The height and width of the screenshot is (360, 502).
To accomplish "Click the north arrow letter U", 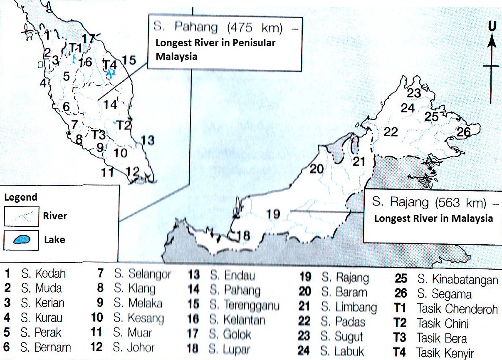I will point(492,26).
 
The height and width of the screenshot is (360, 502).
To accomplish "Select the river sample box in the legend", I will point(22,216).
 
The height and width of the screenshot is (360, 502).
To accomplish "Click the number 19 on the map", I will point(273,214).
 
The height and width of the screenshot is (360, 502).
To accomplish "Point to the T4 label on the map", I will point(110,65).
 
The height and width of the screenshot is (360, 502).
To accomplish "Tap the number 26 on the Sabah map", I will point(463,133).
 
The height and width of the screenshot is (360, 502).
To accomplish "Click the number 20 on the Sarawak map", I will point(316,169).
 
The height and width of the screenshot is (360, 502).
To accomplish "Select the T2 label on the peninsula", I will point(124,124).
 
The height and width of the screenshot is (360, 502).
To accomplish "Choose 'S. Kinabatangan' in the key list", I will point(457,279).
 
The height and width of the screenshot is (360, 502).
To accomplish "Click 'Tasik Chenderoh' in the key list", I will point(457,309).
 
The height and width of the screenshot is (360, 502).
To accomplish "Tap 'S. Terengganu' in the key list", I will point(244,305).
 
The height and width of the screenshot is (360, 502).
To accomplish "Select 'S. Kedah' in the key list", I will point(43,274).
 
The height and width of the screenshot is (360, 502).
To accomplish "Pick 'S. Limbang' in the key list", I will point(349,308).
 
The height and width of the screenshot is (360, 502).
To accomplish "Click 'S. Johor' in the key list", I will point(134,347).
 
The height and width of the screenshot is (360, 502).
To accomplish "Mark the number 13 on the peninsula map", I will point(147,140).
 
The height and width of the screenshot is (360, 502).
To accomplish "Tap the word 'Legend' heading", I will point(21,197).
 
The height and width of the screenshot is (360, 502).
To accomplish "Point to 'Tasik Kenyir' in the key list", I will point(445,353).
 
